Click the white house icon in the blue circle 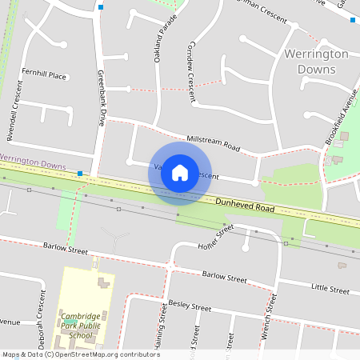(180, 173)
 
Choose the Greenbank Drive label (102, 97)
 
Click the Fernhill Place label (45, 75)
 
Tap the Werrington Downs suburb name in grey (316, 61)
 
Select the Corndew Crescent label (191, 73)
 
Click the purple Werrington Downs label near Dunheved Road (33, 162)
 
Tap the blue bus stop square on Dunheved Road (80, 173)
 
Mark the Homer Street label (215, 238)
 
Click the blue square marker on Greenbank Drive (102, 7)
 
